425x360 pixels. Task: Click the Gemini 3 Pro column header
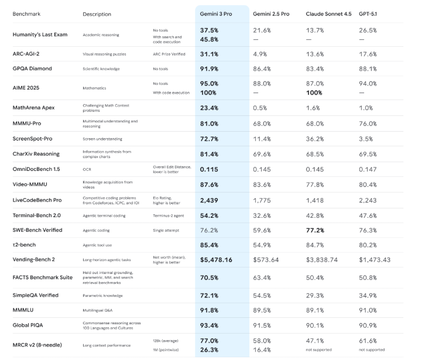click(x=216, y=13)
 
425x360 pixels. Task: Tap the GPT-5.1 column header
click(x=369, y=13)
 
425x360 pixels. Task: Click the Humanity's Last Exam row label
click(x=40, y=35)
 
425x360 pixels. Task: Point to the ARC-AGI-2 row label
click(x=28, y=54)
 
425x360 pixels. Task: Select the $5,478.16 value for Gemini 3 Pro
click(x=216, y=259)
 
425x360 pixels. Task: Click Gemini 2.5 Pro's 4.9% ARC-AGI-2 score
click(x=261, y=54)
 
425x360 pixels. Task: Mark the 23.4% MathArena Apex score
click(x=209, y=108)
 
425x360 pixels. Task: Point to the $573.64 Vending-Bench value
click(x=266, y=259)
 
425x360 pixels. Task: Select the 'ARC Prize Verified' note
click(x=170, y=54)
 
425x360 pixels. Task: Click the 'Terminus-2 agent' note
click(x=169, y=215)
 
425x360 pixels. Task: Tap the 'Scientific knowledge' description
click(x=101, y=69)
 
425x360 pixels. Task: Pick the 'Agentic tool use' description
click(x=98, y=244)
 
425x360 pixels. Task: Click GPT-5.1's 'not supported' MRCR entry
click(x=371, y=351)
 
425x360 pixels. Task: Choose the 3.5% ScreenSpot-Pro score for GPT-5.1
click(x=366, y=139)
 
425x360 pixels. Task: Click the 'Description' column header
click(x=97, y=14)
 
